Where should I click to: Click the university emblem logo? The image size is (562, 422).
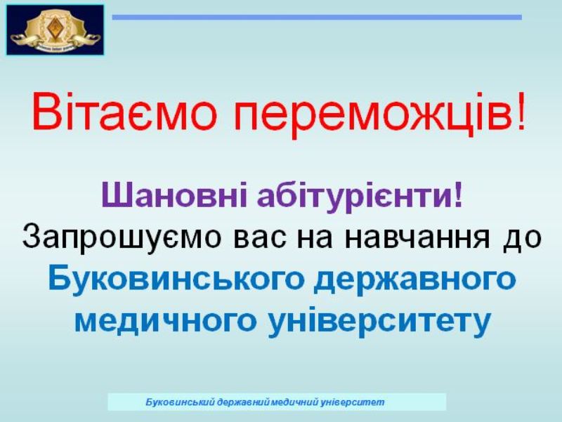click(55, 30)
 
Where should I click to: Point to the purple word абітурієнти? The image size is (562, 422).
click(355, 197)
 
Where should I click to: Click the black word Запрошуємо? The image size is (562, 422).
click(120, 237)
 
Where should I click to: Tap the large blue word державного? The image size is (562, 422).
click(414, 280)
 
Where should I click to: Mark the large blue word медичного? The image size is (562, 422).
click(165, 319)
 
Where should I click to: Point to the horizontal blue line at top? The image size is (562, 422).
click(317, 17)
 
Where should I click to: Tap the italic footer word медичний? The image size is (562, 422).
click(294, 402)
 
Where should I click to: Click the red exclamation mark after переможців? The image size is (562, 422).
click(521, 110)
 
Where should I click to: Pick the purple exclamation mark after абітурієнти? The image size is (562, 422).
click(458, 194)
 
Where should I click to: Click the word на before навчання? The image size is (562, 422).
click(315, 239)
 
